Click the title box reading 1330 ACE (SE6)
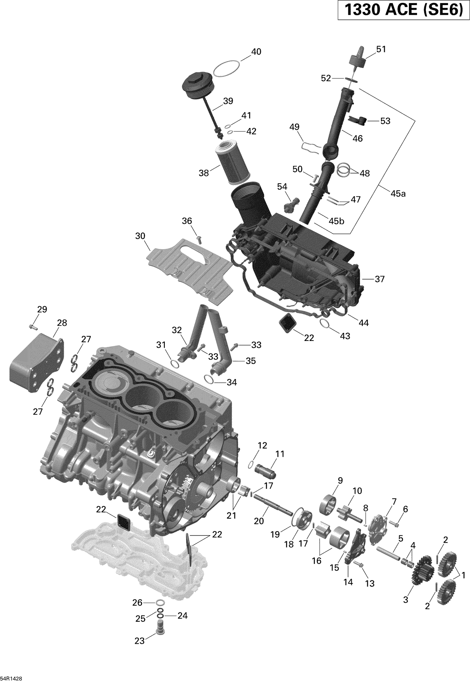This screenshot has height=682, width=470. pos(404,10)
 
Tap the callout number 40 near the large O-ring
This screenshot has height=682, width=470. pos(256,52)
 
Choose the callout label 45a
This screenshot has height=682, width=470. pos(398,194)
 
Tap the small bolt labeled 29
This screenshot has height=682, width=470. pos(33,327)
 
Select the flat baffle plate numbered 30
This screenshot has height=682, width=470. pos(191,270)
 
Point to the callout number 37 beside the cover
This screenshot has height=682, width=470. pos(379,279)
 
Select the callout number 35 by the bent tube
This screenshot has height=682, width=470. pos(250,361)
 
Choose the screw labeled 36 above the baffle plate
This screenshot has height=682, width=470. pos(199,240)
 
